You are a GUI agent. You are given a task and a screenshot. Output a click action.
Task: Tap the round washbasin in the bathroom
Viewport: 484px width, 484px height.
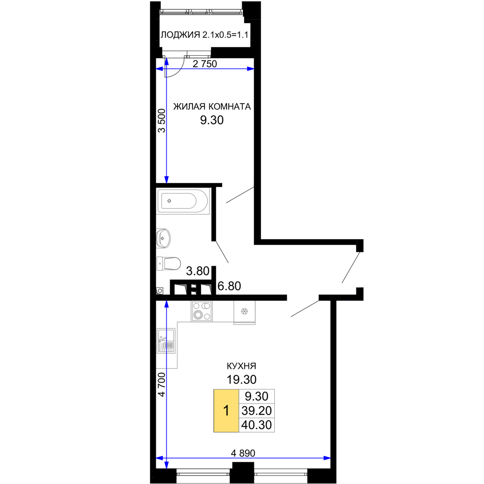point(163,238)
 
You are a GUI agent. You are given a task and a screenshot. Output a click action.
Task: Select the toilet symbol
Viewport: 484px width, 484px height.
point(168,264)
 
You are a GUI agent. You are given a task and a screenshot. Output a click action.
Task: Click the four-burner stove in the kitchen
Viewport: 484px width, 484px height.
point(202,312)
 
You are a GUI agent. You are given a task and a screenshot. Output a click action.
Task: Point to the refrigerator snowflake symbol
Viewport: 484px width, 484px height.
point(244,312)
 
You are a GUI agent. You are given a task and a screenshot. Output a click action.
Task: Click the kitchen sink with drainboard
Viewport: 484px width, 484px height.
point(166,341)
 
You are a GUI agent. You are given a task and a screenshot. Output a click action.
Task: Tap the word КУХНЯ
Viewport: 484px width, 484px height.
point(241,366)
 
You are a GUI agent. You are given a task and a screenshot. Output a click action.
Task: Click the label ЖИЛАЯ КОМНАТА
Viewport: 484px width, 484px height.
point(212,107)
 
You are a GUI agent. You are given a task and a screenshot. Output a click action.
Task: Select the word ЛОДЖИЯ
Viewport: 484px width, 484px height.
point(180,35)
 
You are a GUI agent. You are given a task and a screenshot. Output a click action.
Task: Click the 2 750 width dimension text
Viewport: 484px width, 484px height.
point(205,64)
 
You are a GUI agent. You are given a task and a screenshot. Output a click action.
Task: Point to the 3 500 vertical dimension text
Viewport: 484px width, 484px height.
point(162,120)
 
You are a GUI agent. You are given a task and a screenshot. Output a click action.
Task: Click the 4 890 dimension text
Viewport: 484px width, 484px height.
point(243,454)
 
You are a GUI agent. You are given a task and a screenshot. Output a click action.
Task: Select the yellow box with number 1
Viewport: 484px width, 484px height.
point(226,411)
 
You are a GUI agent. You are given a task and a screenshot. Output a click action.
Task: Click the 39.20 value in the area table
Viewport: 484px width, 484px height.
point(256,411)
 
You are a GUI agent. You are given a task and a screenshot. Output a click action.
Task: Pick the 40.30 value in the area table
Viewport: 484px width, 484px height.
point(256,425)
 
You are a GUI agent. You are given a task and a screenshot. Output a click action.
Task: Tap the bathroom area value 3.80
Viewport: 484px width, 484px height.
point(198,271)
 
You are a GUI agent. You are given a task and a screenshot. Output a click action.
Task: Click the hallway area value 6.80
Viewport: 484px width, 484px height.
point(229,286)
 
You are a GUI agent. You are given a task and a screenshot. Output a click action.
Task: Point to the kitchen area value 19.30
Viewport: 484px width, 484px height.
point(241,380)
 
